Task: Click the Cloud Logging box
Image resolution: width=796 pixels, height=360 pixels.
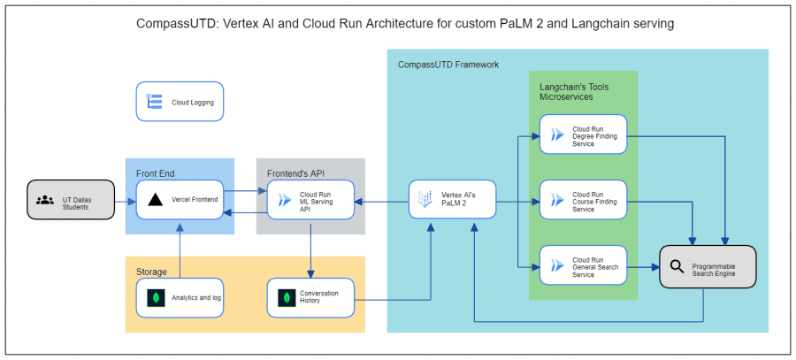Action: click(180, 102)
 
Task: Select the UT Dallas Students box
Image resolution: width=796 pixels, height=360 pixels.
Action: click(71, 199)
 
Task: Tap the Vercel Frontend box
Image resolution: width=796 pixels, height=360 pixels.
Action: click(180, 200)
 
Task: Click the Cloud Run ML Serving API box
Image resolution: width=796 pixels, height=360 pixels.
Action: click(310, 200)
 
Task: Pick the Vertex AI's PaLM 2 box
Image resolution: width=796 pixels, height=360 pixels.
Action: click(452, 200)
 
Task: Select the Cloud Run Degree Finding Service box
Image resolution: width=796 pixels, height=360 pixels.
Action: click(583, 134)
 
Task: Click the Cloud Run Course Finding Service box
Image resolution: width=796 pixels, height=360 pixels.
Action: click(583, 200)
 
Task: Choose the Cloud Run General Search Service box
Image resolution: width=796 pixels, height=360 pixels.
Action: click(583, 264)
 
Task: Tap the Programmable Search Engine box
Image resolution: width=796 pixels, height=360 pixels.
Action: click(708, 265)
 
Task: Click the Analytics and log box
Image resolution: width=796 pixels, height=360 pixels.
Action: click(180, 298)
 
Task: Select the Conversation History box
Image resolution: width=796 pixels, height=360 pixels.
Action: click(310, 298)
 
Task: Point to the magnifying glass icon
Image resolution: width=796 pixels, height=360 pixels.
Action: click(677, 265)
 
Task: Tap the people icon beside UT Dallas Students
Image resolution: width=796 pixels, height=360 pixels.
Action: click(45, 199)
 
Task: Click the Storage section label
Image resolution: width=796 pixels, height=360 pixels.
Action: click(151, 271)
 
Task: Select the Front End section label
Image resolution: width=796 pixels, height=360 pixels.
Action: click(156, 172)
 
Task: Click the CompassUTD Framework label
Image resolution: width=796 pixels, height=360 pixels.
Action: click(448, 65)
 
